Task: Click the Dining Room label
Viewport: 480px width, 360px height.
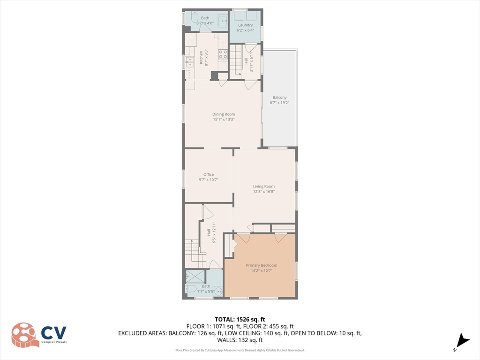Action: [224, 114]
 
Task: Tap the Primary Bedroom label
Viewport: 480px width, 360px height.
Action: [262, 265]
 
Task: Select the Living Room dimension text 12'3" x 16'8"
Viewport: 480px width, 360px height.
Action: [263, 192]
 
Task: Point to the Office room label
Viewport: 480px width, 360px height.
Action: [209, 174]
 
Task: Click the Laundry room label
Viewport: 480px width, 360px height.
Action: [245, 25]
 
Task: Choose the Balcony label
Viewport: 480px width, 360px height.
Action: [279, 97]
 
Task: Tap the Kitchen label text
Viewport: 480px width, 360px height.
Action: [201, 57]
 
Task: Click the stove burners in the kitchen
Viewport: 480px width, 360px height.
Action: [223, 54]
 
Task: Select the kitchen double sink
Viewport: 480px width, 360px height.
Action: [190, 62]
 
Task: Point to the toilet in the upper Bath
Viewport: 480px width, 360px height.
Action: [195, 16]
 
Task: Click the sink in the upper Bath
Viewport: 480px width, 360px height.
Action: [223, 21]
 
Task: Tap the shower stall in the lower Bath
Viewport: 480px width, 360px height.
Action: [195, 277]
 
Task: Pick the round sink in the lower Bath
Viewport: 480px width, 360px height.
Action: [218, 291]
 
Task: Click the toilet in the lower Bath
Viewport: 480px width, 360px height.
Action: [190, 289]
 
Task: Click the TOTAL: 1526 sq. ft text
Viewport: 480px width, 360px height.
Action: [240, 320]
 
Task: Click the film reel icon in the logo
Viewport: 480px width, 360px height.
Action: [24, 335]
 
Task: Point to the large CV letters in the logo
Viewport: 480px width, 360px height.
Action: [54, 333]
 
